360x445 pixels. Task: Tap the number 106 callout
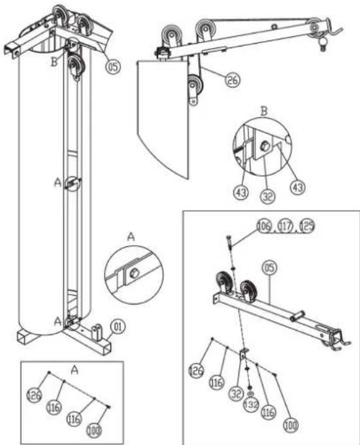click(x=263, y=226)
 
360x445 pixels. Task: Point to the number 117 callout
click(x=284, y=226)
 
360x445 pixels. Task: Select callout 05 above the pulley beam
click(x=269, y=267)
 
